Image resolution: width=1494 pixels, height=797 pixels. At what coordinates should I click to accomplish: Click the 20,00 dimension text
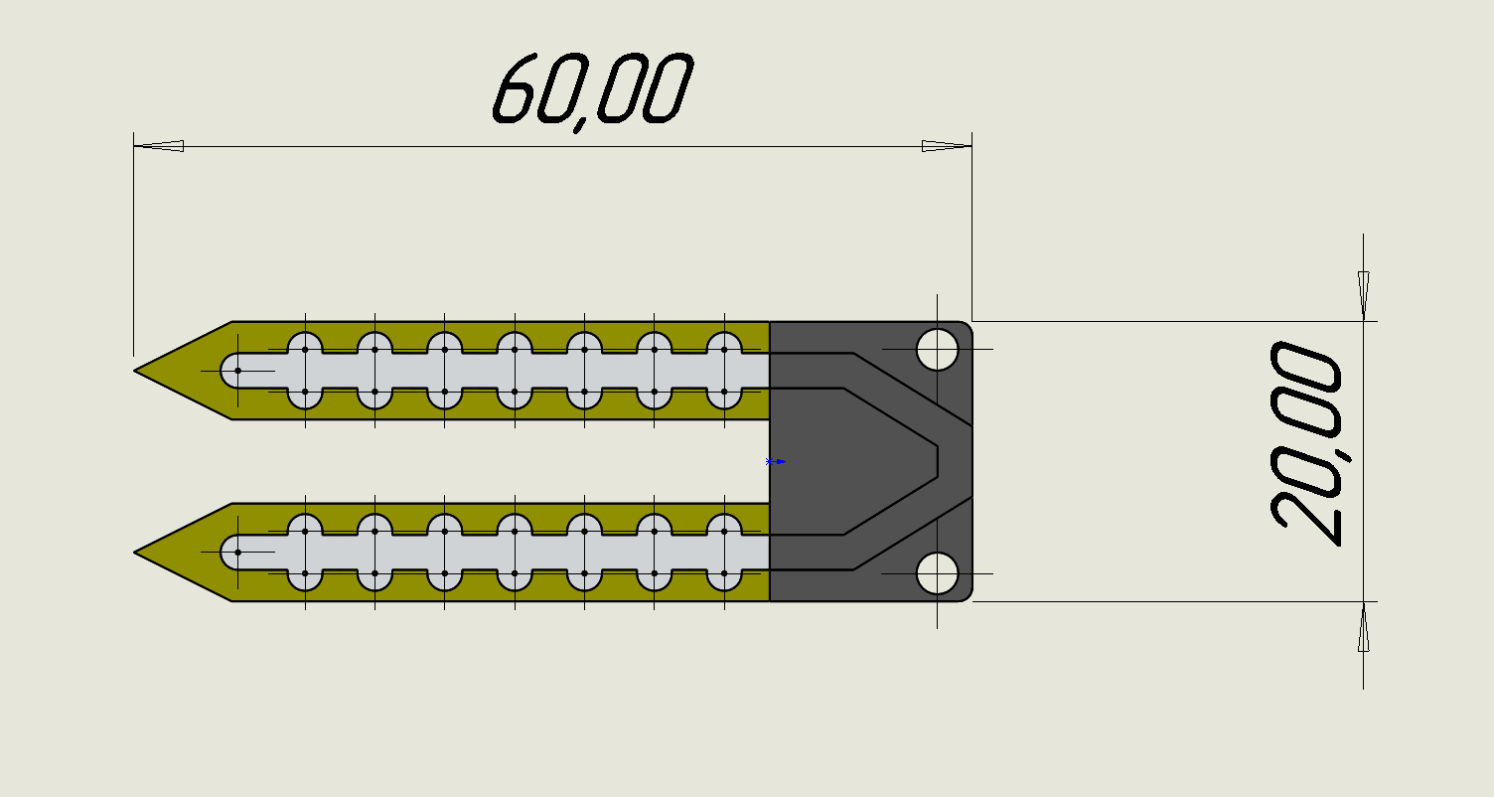(1306, 444)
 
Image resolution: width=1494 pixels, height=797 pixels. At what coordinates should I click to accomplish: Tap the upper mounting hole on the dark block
(937, 350)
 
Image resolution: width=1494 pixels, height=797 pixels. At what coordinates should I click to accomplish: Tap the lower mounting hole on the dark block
(937, 573)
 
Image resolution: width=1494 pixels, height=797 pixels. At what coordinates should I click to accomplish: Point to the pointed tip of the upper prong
(137, 371)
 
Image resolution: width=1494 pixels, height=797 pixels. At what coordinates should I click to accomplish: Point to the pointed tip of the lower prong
(137, 552)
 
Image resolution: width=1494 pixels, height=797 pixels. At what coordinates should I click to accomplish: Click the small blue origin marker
(776, 461)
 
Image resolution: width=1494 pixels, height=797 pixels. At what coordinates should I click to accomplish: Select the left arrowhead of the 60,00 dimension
(159, 146)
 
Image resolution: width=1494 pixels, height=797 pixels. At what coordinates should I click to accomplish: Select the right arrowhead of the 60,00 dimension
(946, 146)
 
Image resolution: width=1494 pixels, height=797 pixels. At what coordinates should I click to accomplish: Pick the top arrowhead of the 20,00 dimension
(1363, 295)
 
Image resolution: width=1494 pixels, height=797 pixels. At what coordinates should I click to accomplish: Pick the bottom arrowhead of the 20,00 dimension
(1363, 628)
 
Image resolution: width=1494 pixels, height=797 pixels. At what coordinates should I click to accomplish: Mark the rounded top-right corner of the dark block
(966, 327)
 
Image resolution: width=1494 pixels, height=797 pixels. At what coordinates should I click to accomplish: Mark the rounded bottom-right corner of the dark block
(966, 595)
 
